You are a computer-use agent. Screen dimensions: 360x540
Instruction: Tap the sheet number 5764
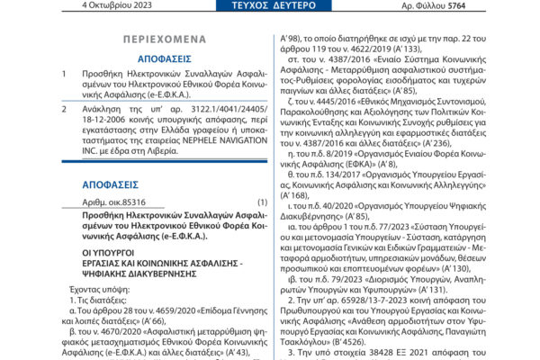click(501, 5)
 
